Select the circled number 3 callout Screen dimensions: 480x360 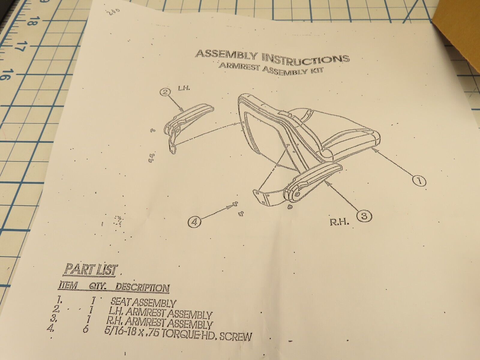[x=364, y=215]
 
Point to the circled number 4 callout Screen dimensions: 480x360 [x=194, y=222]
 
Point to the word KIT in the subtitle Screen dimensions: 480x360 [x=317, y=73]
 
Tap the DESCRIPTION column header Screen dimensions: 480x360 [x=142, y=288]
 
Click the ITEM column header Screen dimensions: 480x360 [x=67, y=285]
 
